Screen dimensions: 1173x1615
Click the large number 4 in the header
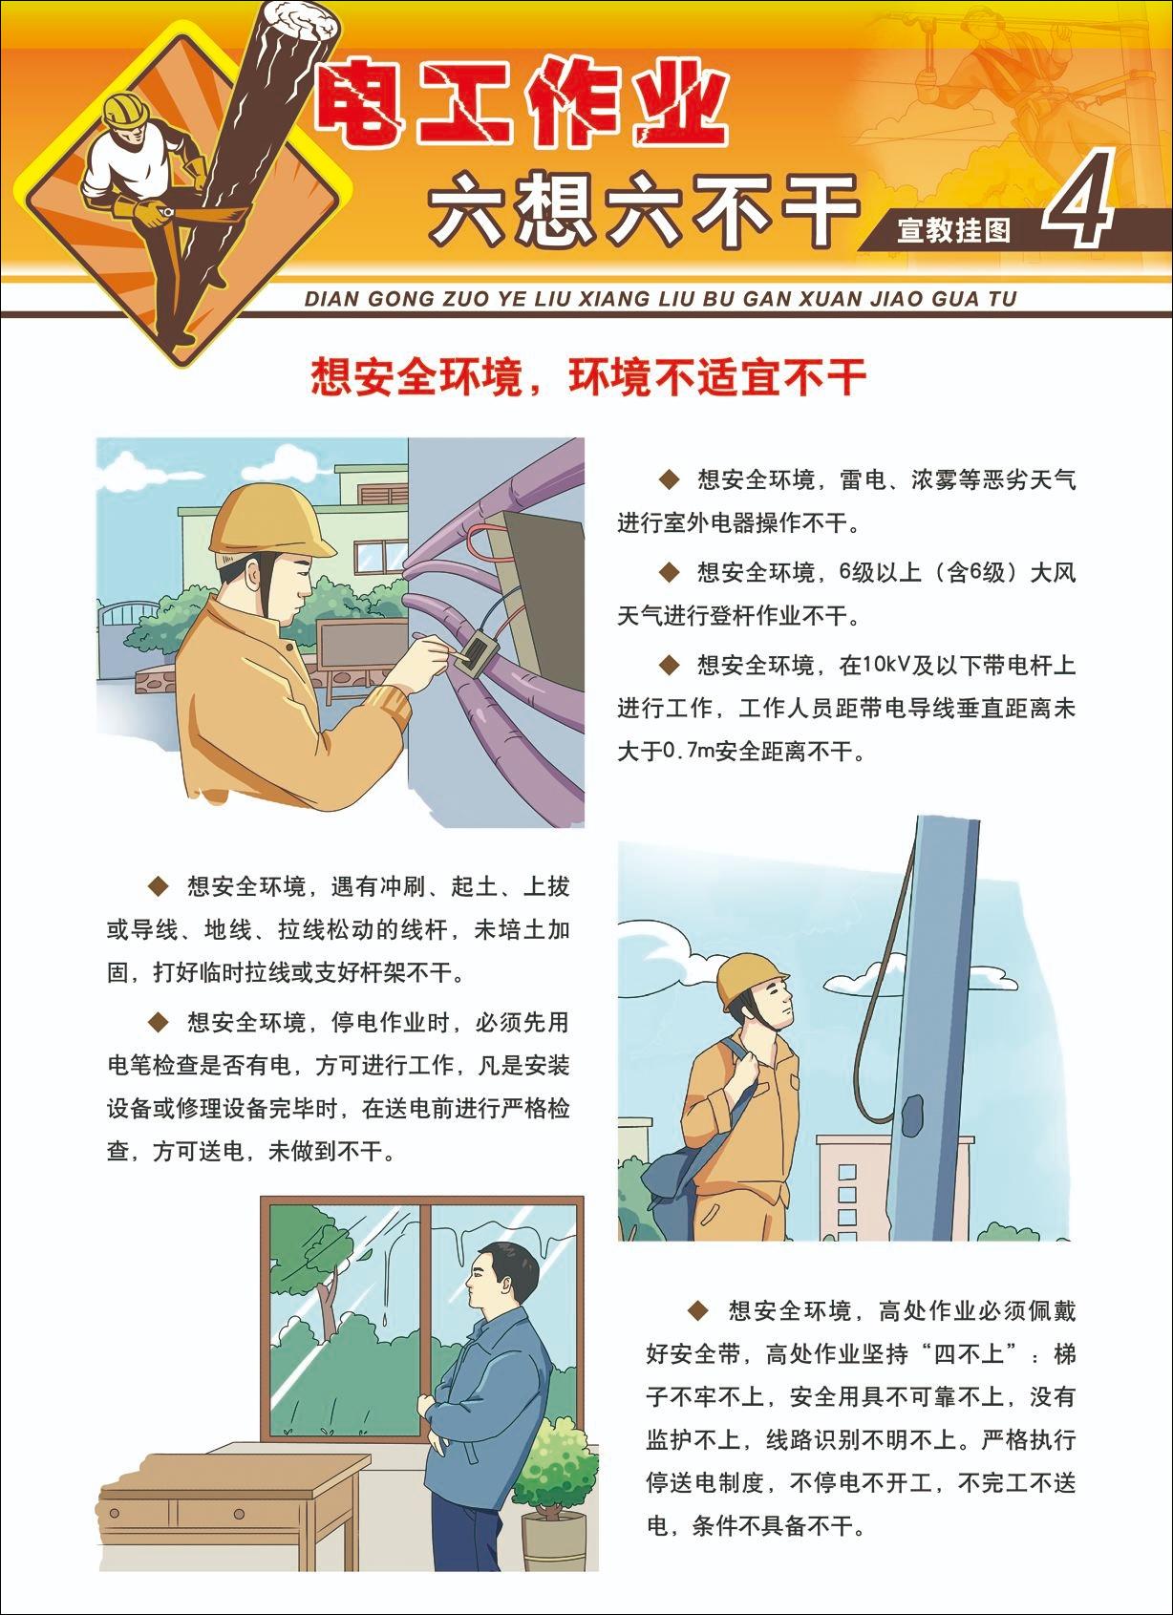pyautogui.click(x=1077, y=199)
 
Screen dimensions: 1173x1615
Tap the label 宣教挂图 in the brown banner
pyautogui.click(x=953, y=230)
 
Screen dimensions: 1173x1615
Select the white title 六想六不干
pyautogui.click(x=643, y=210)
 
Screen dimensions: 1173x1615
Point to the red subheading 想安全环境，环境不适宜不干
pyautogui.click(x=587, y=378)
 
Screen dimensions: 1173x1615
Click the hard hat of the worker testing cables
pyautogui.click(x=269, y=520)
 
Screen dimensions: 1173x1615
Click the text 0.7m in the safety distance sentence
pyautogui.click(x=690, y=752)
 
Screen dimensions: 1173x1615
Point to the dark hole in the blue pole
pyautogui.click(x=912, y=1111)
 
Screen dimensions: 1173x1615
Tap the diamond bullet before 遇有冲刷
pyautogui.click(x=158, y=886)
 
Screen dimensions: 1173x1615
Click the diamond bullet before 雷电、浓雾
pyautogui.click(x=669, y=479)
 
